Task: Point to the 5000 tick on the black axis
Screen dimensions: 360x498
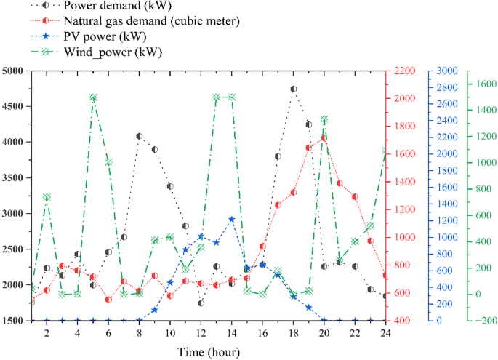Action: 14,71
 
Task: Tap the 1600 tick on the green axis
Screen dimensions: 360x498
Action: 485,84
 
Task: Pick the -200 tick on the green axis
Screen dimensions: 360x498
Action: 484,321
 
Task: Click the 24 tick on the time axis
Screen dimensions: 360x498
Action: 385,332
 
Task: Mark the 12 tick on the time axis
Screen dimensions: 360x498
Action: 201,332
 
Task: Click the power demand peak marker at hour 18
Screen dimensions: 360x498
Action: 293,89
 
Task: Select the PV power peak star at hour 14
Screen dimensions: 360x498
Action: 231,219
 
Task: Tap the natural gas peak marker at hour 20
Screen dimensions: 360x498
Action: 324,137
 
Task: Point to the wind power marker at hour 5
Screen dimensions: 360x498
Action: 93,97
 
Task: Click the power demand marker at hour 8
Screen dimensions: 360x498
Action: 139,136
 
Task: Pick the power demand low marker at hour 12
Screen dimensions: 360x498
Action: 201,303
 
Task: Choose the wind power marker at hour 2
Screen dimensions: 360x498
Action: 47,197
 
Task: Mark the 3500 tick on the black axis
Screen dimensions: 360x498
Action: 14,177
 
